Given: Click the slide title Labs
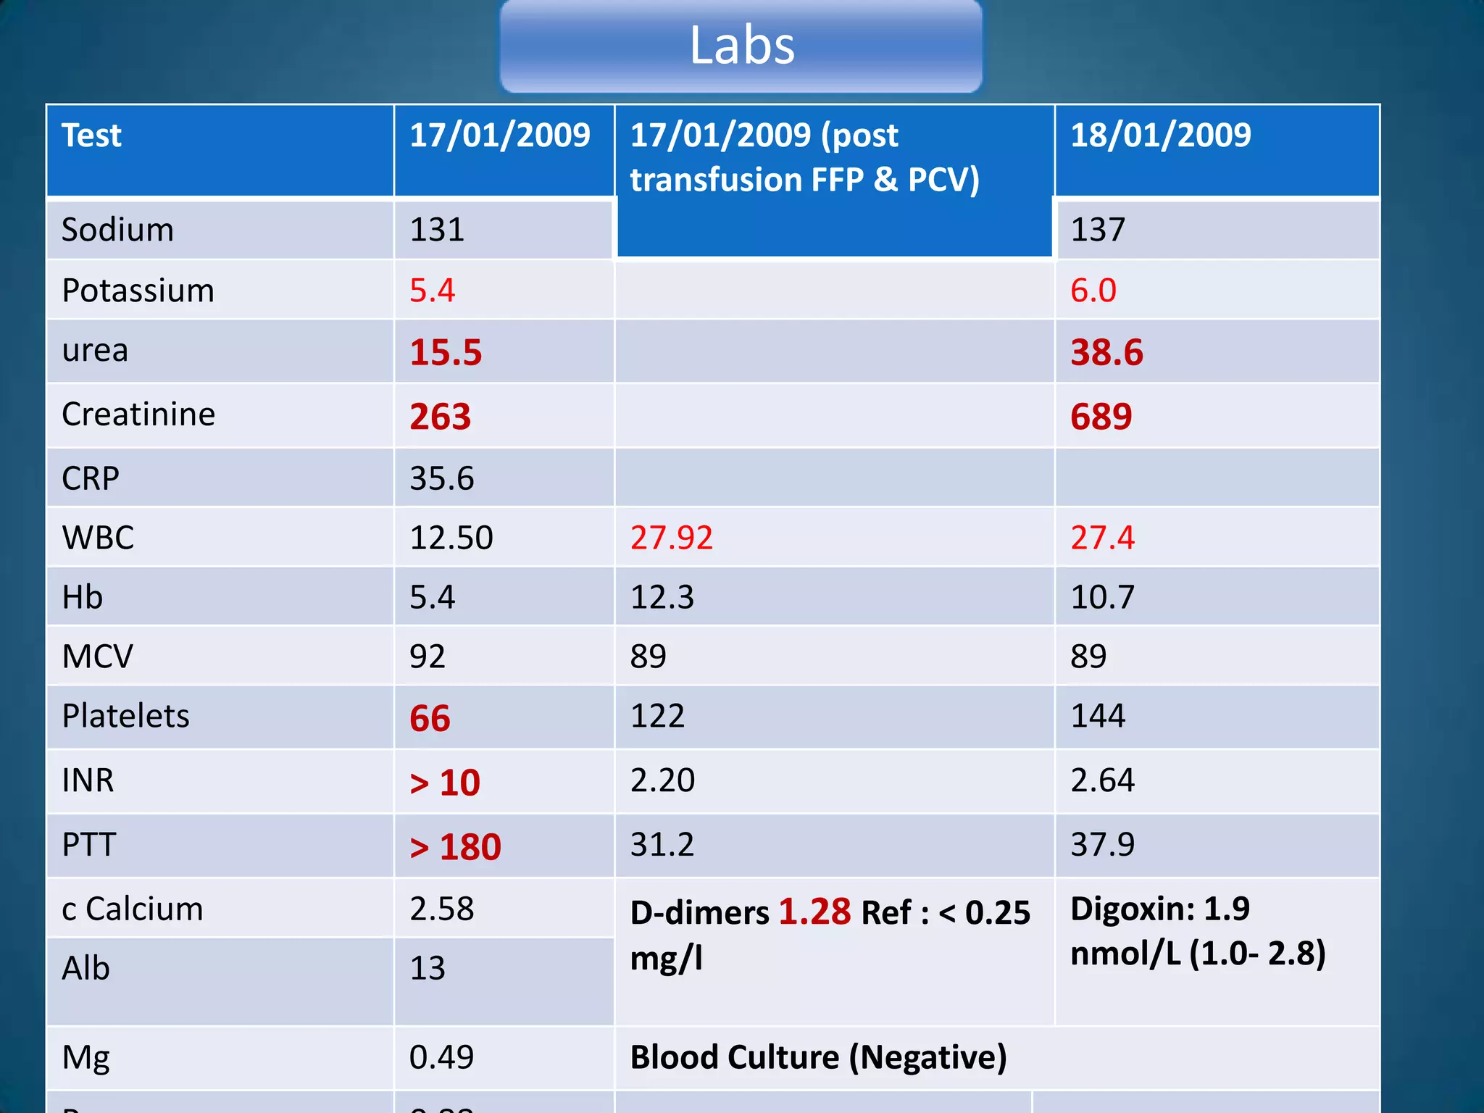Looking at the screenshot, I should (741, 45).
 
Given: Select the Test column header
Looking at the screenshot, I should (91, 136).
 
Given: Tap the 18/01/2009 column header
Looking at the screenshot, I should (1160, 135).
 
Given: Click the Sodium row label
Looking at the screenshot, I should (117, 230).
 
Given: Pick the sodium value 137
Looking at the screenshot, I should (1098, 230).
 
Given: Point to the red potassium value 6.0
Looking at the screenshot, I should (1093, 291).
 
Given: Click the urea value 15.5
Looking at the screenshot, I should (446, 352).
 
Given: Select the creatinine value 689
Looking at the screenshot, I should (1101, 417).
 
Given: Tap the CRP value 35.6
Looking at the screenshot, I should (441, 478).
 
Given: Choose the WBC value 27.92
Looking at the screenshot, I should (671, 538).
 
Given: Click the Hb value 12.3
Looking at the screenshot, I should (662, 597).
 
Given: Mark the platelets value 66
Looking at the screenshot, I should (430, 718).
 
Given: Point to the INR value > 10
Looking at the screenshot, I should (445, 783).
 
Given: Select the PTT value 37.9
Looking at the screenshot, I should (1102, 844).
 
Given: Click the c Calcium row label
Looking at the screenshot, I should (133, 909).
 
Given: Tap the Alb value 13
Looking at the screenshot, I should (427, 968).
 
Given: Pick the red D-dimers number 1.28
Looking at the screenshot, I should (814, 912).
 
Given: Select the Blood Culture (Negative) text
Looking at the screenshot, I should (818, 1057).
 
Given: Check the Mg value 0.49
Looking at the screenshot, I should (441, 1057).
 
